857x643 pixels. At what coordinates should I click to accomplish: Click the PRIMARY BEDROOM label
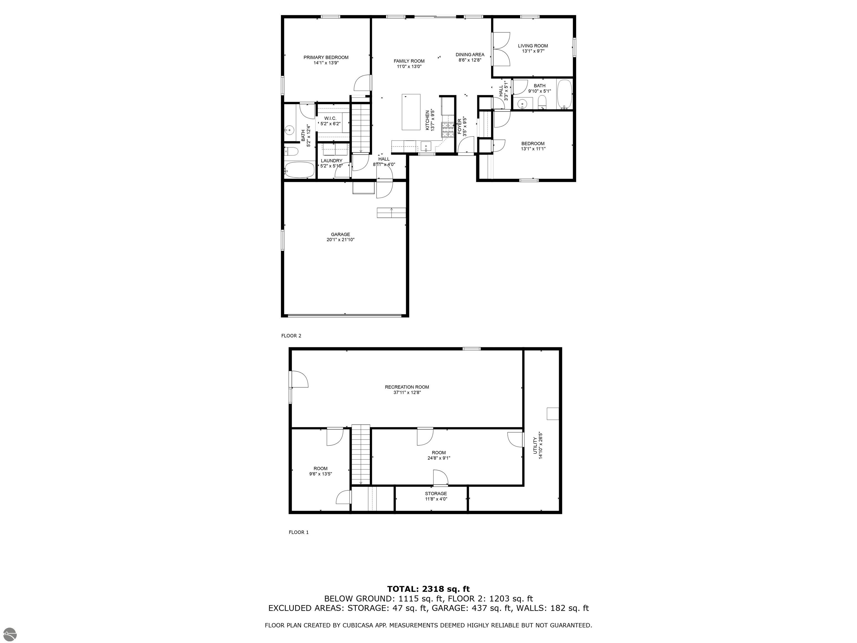[x=326, y=57]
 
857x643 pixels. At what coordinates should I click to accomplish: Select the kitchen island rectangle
[x=411, y=112]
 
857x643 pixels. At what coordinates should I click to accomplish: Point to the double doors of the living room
[x=502, y=49]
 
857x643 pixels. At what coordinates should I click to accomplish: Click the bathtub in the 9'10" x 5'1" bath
[x=564, y=94]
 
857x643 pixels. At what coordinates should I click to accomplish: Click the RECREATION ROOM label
[x=407, y=387]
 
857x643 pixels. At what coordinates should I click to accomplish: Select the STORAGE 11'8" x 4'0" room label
[x=436, y=494]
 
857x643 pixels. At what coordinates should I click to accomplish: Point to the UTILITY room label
[x=535, y=446]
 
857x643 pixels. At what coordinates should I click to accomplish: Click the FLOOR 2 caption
[x=291, y=336]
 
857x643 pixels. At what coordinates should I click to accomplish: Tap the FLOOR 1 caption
[x=298, y=532]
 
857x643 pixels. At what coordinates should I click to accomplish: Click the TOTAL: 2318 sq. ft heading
[x=428, y=589]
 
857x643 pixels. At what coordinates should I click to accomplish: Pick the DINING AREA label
[x=470, y=55]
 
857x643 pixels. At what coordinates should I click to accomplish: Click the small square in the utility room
[x=552, y=414]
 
